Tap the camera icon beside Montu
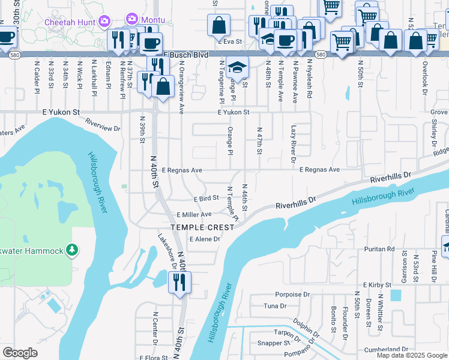[131, 20]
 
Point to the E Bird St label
[206, 198]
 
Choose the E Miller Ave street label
[194, 214]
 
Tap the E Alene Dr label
[205, 239]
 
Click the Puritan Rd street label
[382, 248]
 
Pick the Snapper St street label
[273, 343]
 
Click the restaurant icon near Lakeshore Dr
[179, 282]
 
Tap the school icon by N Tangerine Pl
[237, 67]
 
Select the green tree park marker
[72, 249]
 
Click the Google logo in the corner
[20, 353]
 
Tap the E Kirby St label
[376, 284]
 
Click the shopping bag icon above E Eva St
[219, 25]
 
